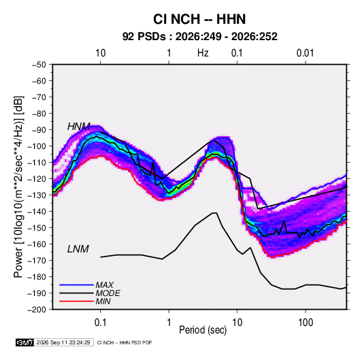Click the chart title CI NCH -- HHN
(199, 19)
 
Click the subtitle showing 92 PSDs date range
(200, 37)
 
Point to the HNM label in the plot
(79, 127)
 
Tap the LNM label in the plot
(78, 249)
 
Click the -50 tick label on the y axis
(39, 65)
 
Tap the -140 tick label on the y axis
(37, 212)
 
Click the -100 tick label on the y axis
(37, 146)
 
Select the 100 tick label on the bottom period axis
(305, 323)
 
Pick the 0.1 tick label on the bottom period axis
(100, 323)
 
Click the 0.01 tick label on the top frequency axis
(305, 53)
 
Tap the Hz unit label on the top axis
(203, 53)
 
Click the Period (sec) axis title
(203, 330)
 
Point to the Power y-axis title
(18, 186)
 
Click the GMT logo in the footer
(24, 342)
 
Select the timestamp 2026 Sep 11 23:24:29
(63, 342)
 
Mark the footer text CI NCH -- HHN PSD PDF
(125, 342)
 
